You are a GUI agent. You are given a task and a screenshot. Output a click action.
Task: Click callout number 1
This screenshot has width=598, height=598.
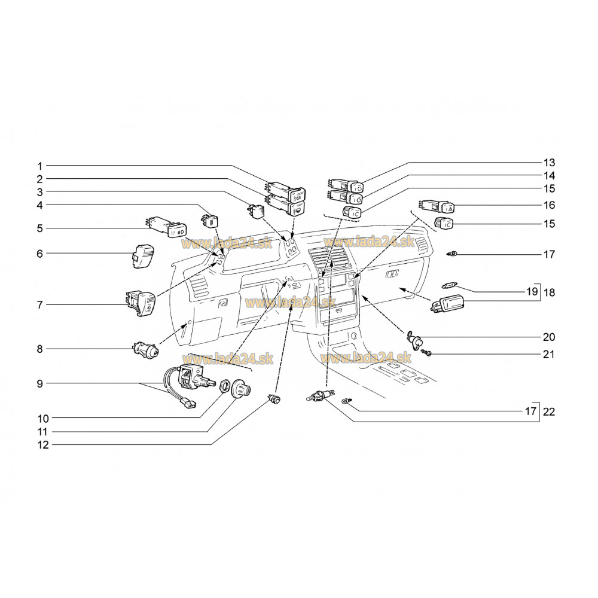pyautogui.click(x=39, y=166)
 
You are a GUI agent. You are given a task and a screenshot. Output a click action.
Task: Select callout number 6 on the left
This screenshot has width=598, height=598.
pyautogui.click(x=39, y=254)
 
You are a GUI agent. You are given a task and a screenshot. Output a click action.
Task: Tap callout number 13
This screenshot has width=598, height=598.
pyautogui.click(x=549, y=163)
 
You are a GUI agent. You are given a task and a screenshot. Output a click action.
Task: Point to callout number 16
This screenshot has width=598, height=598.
pyautogui.click(x=549, y=205)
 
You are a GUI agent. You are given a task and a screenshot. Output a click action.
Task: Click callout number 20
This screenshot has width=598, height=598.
pyautogui.click(x=549, y=337)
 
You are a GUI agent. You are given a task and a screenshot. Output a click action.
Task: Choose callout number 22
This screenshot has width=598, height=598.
pyautogui.click(x=549, y=412)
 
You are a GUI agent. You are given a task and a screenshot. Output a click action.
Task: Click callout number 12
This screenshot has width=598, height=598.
pyautogui.click(x=43, y=445)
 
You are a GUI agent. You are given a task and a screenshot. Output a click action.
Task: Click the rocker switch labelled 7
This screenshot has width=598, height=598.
pyautogui.click(x=141, y=304)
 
